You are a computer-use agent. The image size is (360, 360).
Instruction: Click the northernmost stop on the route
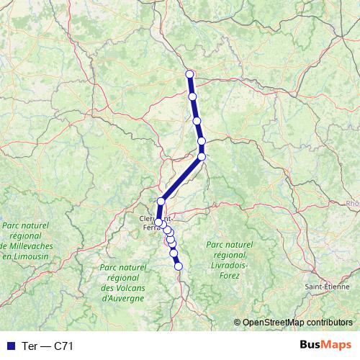click(x=189, y=73)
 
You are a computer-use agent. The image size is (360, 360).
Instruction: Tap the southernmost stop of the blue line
click(x=179, y=266)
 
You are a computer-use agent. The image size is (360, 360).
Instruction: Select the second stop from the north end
click(x=192, y=96)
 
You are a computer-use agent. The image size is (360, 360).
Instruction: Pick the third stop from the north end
click(x=197, y=121)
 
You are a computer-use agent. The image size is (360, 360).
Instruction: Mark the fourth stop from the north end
click(x=202, y=141)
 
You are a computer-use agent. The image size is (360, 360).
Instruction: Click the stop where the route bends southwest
click(x=202, y=156)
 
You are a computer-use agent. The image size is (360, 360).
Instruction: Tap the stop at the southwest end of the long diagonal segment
click(x=161, y=202)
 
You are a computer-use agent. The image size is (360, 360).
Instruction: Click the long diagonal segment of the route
click(x=181, y=179)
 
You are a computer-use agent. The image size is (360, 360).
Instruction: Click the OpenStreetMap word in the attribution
click(x=274, y=322)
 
